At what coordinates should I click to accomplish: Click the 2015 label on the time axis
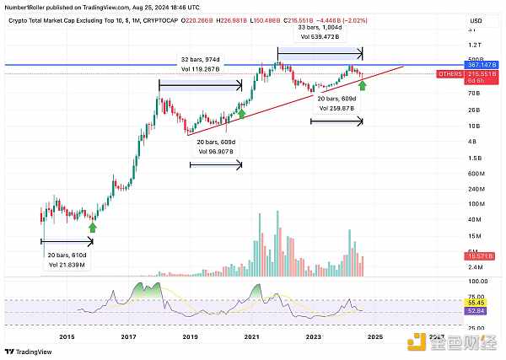[67, 337]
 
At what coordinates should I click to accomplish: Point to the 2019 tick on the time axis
[191, 337]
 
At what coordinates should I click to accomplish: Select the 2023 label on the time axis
[314, 337]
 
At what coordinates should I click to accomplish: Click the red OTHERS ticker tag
[450, 74]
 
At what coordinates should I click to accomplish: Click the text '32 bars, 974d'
[200, 60]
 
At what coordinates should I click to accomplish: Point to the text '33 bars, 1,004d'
[320, 27]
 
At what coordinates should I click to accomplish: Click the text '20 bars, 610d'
[66, 255]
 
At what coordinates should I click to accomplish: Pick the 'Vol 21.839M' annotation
[66, 266]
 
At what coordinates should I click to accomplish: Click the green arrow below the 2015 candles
[93, 226]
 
